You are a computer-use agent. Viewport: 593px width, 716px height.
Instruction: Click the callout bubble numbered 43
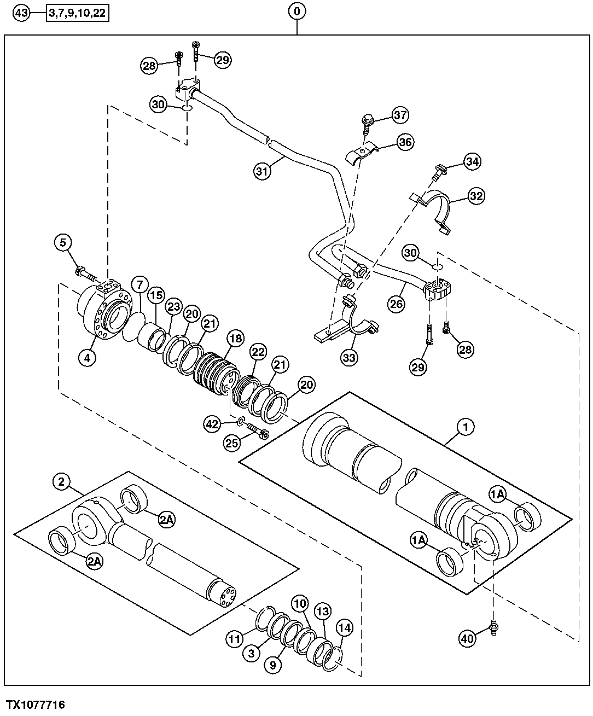(20, 13)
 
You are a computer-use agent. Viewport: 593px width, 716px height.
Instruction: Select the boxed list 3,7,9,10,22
(78, 13)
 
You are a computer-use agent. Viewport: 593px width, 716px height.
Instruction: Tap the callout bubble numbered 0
(296, 11)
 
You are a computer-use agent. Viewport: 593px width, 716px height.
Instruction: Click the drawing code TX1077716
(36, 705)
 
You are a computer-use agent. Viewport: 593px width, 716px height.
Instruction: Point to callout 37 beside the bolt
(400, 115)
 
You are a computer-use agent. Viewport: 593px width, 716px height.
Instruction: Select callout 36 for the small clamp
(405, 142)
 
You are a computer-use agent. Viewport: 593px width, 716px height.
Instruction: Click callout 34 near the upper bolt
(472, 161)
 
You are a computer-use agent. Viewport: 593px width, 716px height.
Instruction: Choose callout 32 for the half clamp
(476, 195)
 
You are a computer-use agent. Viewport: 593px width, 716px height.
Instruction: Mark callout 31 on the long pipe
(262, 172)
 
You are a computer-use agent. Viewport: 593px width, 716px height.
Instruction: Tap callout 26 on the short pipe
(397, 303)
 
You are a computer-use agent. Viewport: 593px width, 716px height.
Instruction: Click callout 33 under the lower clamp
(349, 358)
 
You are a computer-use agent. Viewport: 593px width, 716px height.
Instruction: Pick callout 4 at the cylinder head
(87, 358)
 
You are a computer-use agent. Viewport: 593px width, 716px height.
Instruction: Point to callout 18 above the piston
(235, 339)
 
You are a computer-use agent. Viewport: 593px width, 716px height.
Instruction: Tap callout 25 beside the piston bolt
(232, 443)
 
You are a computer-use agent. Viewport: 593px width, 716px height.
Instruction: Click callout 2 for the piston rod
(61, 481)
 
